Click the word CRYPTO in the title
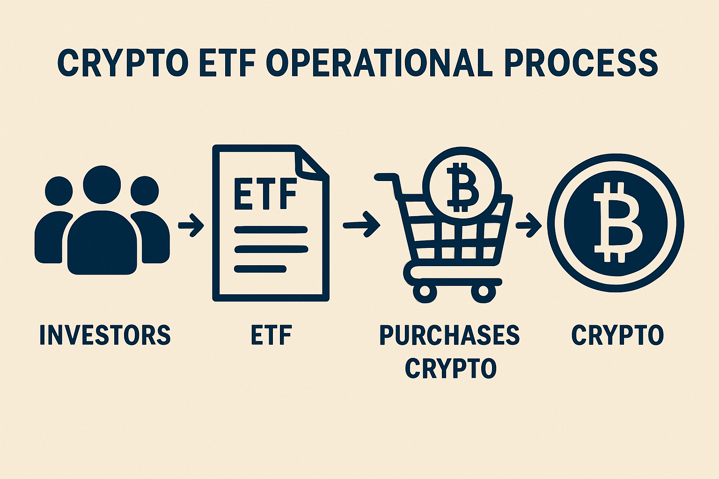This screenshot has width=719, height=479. [x=123, y=63]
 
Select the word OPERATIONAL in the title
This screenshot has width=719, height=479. [x=379, y=63]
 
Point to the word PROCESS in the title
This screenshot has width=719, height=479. [x=583, y=63]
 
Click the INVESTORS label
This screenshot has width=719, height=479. [x=105, y=335]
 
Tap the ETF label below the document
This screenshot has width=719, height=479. [x=271, y=335]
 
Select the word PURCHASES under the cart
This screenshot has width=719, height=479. [x=449, y=335]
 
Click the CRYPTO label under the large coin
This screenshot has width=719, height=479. [x=617, y=335]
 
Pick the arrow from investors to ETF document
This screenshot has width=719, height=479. [x=191, y=225]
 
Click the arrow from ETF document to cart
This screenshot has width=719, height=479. [x=362, y=225]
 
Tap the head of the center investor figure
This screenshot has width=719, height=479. [x=102, y=185]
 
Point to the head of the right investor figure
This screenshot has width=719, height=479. [x=145, y=191]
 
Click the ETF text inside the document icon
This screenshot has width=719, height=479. [x=265, y=194]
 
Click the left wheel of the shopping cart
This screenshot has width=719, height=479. [x=425, y=291]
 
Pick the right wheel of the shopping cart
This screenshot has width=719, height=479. [x=483, y=291]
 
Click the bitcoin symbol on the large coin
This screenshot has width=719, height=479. [x=616, y=223]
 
